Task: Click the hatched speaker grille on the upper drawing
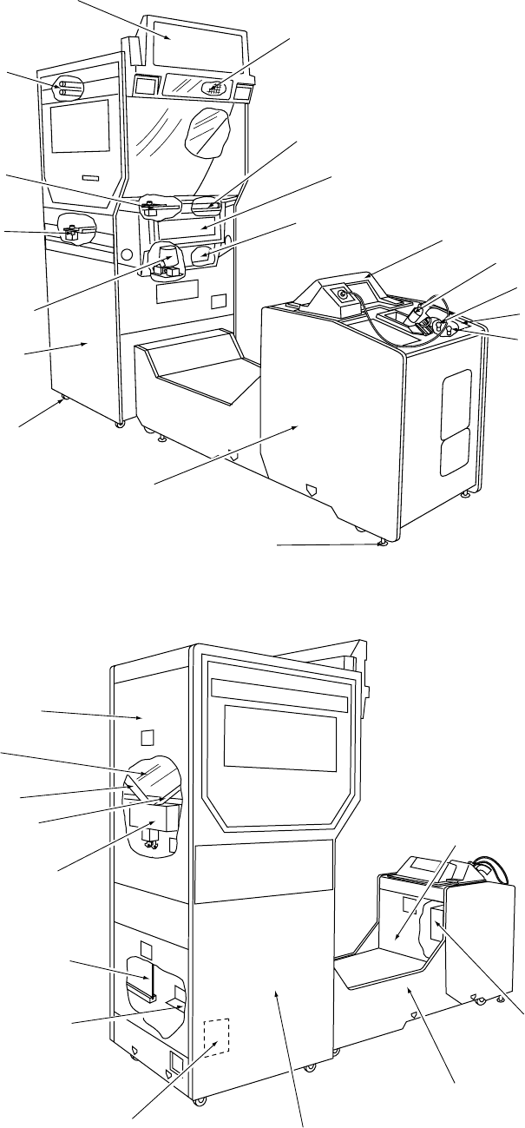[213, 88]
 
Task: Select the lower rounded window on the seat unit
[454, 455]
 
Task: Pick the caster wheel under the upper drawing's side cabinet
[62, 400]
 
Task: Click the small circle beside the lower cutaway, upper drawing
[127, 255]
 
